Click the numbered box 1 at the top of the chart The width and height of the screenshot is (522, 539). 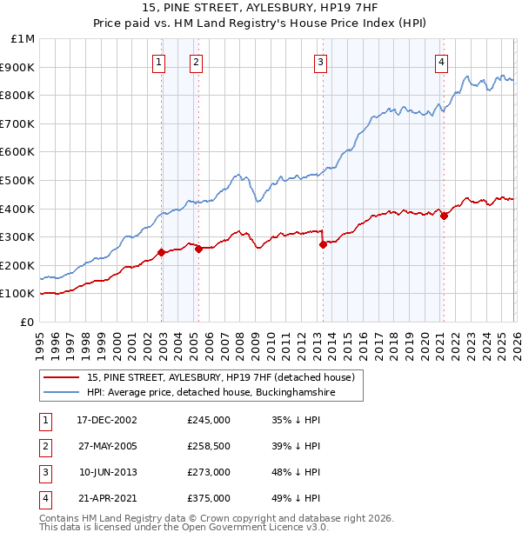(x=160, y=61)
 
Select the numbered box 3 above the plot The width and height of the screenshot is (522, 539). (x=321, y=61)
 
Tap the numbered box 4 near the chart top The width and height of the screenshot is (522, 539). (x=442, y=61)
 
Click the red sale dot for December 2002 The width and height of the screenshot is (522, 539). (x=162, y=253)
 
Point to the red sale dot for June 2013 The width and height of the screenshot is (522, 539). (x=323, y=245)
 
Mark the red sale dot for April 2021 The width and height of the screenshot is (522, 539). (x=444, y=216)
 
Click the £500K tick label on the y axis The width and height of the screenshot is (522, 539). (x=19, y=180)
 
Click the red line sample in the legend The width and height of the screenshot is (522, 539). (x=64, y=378)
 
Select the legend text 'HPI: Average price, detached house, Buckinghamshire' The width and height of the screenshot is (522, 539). (x=211, y=393)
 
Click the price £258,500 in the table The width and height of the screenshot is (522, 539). (x=209, y=445)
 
